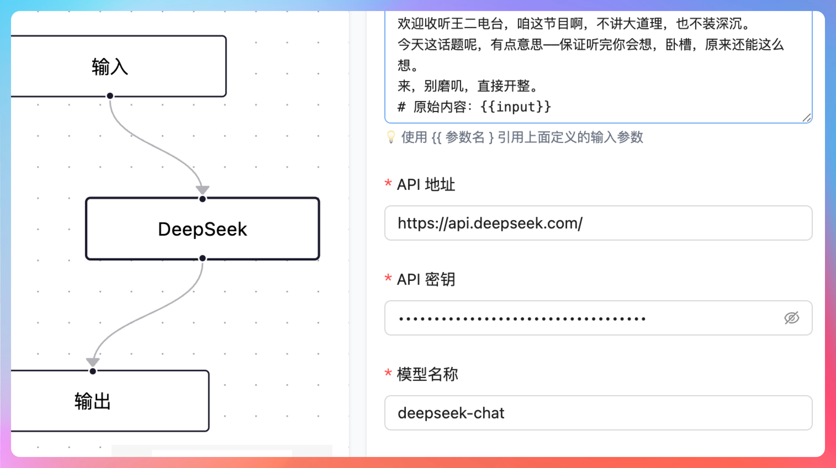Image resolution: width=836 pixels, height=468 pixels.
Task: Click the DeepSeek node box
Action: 202,229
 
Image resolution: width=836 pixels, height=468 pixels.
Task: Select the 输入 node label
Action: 110,67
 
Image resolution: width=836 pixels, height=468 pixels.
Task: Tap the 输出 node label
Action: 93,401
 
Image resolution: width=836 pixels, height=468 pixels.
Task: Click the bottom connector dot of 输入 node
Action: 110,96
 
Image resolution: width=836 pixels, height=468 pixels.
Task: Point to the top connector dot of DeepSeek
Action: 202,199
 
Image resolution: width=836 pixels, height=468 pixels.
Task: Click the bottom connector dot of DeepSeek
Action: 202,258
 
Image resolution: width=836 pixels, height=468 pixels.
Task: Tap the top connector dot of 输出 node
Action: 93,371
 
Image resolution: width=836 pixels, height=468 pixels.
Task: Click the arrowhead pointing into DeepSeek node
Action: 202,189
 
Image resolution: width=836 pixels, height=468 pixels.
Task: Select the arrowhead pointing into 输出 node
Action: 93,361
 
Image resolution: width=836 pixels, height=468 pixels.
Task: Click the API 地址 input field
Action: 598,223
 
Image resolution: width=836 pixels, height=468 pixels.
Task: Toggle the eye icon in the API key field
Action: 792,318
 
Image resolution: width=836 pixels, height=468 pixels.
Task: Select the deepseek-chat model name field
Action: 598,413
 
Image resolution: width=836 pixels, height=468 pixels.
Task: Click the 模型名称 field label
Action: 427,374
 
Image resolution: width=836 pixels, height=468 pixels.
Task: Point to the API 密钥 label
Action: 426,279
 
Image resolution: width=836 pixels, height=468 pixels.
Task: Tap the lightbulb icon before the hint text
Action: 391,137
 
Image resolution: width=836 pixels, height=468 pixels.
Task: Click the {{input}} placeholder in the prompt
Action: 515,107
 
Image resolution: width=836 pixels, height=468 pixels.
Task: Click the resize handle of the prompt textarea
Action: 807,118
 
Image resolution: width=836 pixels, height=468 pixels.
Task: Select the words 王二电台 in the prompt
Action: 477,24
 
